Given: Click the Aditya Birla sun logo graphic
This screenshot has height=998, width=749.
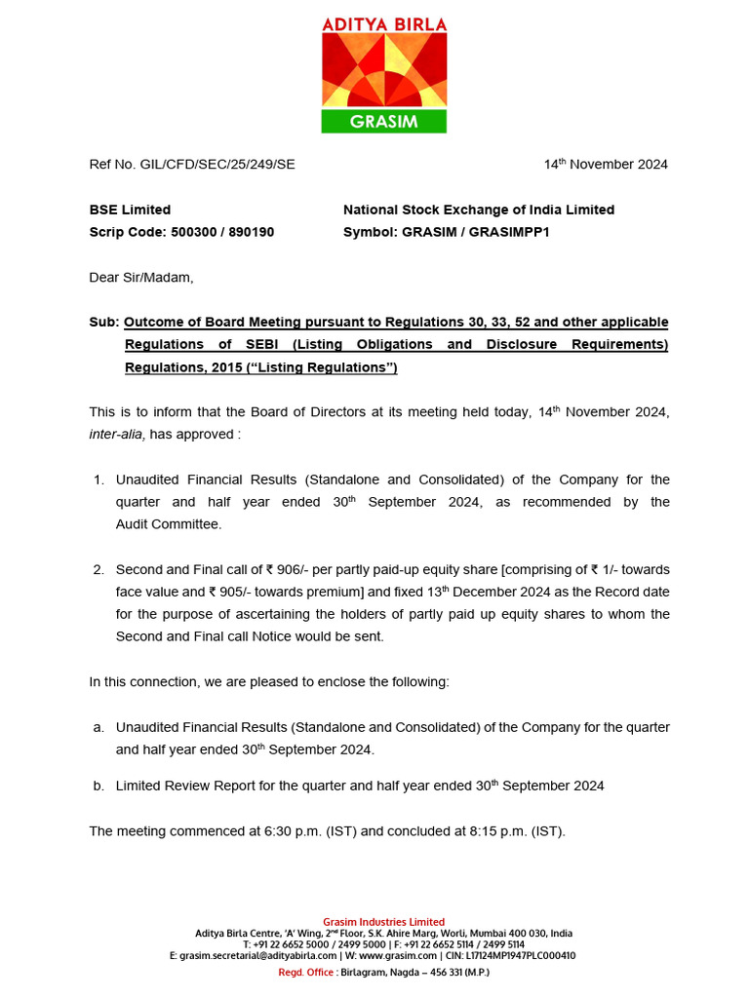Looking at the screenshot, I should coord(383,69).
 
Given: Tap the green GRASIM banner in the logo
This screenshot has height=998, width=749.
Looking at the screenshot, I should coord(383,122).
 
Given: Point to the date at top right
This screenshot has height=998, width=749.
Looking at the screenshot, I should coord(606,164).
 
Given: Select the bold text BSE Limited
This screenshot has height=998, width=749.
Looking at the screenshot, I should coord(130,210).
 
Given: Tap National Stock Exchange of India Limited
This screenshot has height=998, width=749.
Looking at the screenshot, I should coord(479,210).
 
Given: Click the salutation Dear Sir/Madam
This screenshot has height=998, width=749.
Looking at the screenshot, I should coord(141,278).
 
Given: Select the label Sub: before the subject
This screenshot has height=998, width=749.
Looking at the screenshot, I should coord(103,322).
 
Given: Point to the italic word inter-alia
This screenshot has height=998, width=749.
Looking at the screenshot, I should coord(116,434).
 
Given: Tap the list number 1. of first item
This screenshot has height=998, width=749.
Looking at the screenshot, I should coord(98,480).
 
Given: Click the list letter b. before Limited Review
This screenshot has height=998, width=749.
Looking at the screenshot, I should coord(98,786).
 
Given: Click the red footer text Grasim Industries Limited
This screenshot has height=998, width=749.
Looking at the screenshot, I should coord(383,922).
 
